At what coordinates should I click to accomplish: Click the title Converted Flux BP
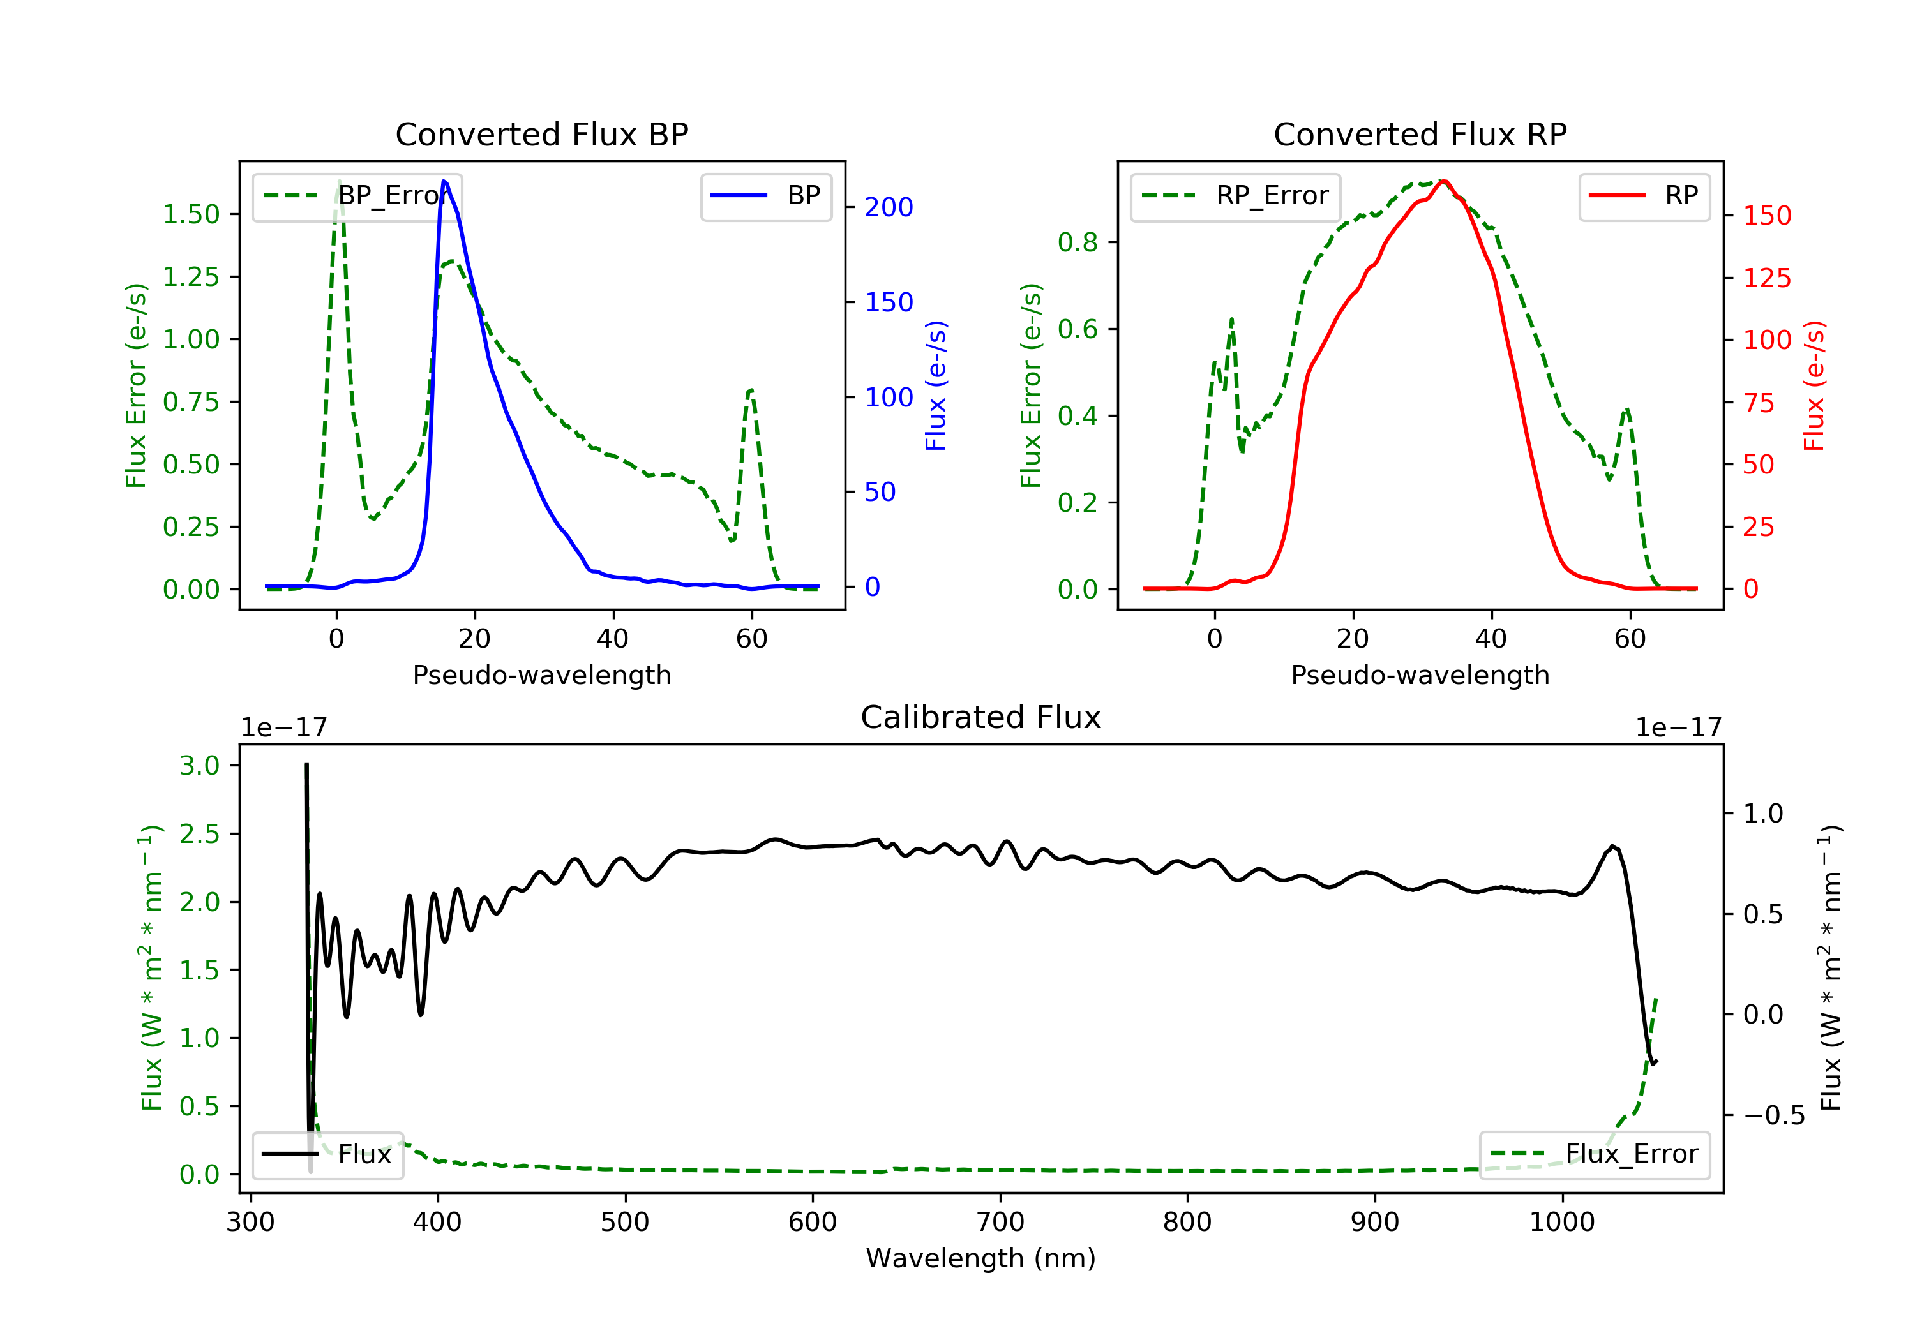[x=541, y=134]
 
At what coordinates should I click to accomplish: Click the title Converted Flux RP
[x=1420, y=134]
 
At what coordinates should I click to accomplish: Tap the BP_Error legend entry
[x=357, y=196]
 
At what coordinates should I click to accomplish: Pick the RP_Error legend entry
[x=1235, y=196]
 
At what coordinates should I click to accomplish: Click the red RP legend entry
[x=1644, y=196]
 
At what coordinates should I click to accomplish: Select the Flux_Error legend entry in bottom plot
[x=1594, y=1154]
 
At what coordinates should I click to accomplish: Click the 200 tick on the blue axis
[x=889, y=207]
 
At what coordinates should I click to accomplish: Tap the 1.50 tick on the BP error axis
[x=190, y=214]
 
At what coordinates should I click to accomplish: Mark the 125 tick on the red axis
[x=1766, y=278]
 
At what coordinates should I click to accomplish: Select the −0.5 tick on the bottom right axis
[x=1773, y=1115]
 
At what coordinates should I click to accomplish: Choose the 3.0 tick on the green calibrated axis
[x=199, y=766]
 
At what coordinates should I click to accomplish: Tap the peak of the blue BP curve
[x=444, y=181]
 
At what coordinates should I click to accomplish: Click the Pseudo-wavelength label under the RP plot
[x=1420, y=674]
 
